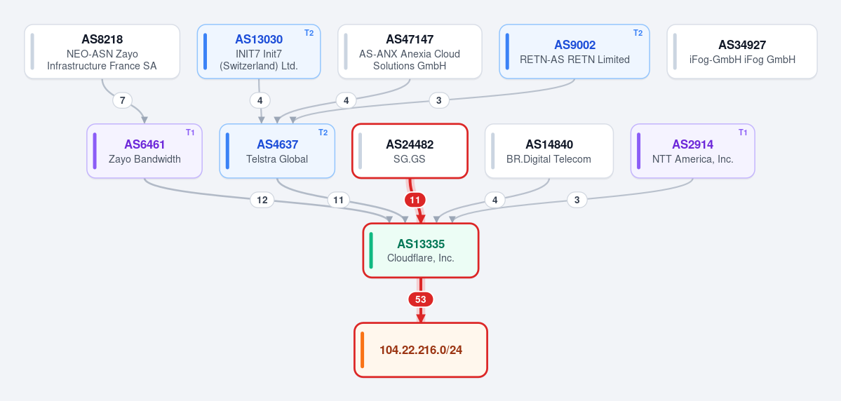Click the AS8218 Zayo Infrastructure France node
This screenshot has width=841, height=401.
(102, 51)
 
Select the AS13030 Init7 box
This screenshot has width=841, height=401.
(259, 51)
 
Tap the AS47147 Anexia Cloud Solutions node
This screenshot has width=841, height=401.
(410, 51)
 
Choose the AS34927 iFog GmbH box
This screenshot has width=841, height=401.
(742, 51)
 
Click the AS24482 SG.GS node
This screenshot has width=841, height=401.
(410, 151)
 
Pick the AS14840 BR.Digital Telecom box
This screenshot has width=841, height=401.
(549, 151)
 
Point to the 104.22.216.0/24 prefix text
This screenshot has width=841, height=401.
(421, 350)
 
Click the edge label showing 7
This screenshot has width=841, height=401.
(122, 100)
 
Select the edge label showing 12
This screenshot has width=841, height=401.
(262, 200)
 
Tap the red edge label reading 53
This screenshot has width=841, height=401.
(421, 299)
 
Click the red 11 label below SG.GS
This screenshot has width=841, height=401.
(415, 200)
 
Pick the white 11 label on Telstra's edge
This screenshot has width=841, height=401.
(339, 200)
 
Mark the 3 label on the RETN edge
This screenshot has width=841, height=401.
(438, 100)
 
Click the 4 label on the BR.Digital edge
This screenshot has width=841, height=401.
(494, 200)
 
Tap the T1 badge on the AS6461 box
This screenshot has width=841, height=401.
(190, 132)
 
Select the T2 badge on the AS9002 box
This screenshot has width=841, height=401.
(638, 33)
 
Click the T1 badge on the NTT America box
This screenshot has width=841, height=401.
(743, 132)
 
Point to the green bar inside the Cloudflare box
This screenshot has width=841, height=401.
(371, 250)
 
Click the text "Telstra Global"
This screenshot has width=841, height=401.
(277, 159)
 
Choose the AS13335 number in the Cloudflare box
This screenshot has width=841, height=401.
(421, 244)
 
